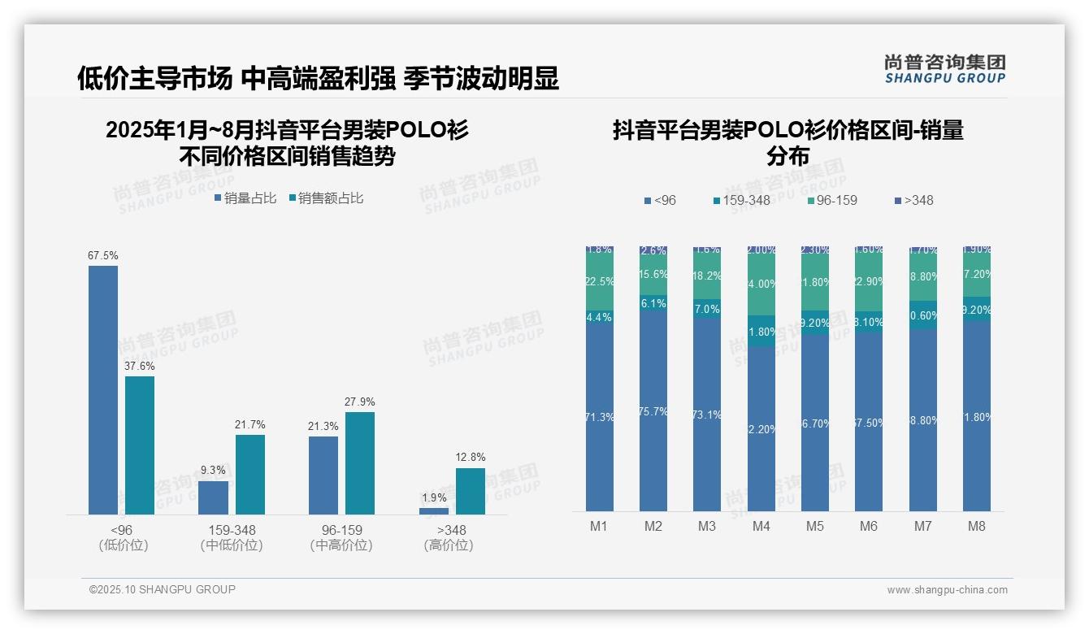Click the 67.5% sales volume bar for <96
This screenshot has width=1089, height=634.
coord(103,390)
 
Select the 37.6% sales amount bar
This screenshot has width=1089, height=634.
coord(140,445)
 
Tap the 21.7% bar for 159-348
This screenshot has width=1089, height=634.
coord(250,474)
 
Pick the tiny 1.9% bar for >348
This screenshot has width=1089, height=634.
coord(434,510)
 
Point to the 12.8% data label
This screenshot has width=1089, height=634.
coord(471,457)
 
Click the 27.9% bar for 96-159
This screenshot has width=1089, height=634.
coord(360,462)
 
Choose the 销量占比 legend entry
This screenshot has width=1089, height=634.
coord(245,198)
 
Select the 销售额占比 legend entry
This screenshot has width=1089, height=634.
coord(326,198)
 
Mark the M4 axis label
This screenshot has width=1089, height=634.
coord(761,526)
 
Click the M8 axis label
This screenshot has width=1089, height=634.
coord(976,526)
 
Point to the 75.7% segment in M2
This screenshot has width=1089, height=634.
coord(653,411)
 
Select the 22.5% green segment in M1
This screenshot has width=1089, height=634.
coord(600,281)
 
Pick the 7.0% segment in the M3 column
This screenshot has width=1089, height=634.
coord(707,309)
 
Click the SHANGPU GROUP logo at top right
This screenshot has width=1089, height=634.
coord(944,68)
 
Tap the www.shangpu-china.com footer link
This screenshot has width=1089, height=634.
coord(947,590)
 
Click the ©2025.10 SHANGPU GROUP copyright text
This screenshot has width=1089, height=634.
coord(162,589)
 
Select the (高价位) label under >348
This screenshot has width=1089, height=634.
coord(449,545)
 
